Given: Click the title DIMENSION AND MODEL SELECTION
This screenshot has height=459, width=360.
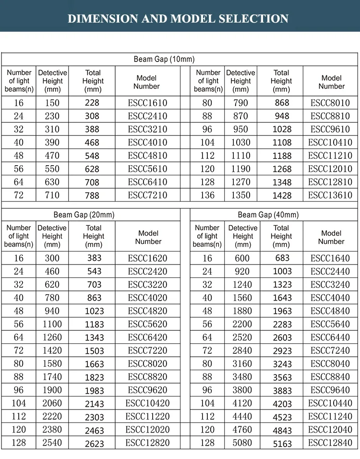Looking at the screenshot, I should (x=178, y=19).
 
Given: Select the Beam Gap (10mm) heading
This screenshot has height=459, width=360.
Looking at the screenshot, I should (x=164, y=60).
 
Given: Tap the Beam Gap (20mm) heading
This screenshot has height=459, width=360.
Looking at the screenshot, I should (x=84, y=215).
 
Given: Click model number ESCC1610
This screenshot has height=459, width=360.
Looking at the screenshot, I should (x=147, y=103).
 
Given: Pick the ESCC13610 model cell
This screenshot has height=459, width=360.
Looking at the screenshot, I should (x=330, y=195).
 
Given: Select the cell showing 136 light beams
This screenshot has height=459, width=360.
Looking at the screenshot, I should (x=207, y=195).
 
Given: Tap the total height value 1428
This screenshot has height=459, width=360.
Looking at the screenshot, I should (x=282, y=195).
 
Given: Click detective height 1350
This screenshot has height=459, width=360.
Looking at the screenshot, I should (x=240, y=195).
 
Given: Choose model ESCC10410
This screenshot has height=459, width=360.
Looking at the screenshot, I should (x=330, y=143).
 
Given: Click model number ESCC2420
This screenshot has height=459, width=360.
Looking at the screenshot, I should (x=147, y=271).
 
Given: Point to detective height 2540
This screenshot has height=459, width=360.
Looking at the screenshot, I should (x=52, y=443).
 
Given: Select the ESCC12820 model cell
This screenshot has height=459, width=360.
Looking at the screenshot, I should (x=147, y=443).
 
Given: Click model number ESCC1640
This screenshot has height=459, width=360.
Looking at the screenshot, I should (x=330, y=258).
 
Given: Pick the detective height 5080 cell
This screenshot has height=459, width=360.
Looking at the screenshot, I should (x=242, y=443).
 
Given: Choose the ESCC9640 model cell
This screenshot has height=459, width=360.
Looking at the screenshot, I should (x=330, y=390).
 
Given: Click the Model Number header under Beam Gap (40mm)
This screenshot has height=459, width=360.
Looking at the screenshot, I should (x=331, y=237).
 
